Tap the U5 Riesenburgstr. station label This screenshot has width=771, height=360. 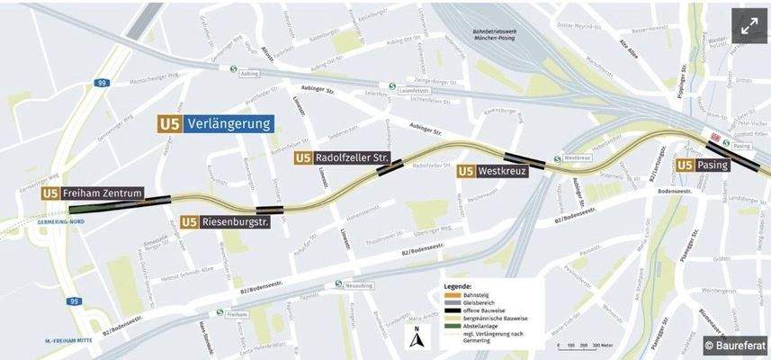pyautogui.click(x=226, y=221)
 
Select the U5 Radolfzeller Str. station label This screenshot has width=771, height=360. pyautogui.click(x=342, y=158)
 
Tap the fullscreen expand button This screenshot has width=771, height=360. pyautogui.click(x=749, y=26)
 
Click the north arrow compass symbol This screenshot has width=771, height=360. pyautogui.click(x=416, y=340)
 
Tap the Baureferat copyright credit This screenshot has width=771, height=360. pyautogui.click(x=732, y=345)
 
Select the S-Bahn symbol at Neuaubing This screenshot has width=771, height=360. pyautogui.click(x=338, y=283)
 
